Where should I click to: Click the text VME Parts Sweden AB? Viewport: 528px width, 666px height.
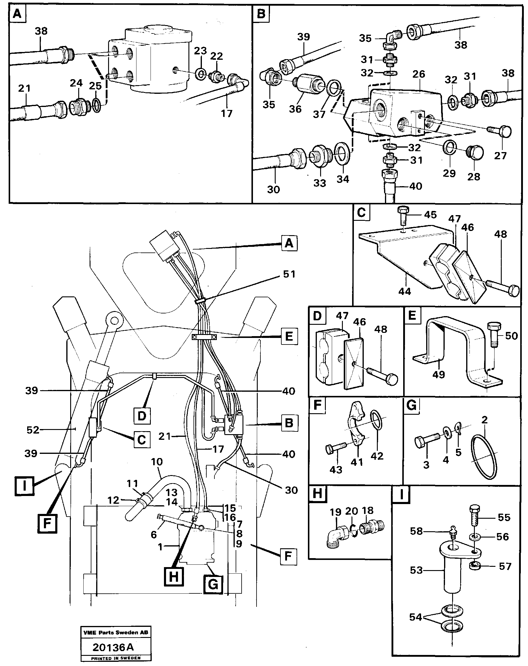coord(116,632)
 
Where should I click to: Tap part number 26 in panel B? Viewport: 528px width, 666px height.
coord(418,74)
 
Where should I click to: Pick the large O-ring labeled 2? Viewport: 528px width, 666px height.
coord(484,457)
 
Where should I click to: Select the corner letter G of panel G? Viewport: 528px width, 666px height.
coord(412,405)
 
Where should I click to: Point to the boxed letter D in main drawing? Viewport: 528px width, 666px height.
coord(142,416)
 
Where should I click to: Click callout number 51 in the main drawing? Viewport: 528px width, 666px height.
coord(289,274)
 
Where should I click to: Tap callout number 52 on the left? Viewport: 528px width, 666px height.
coord(33,430)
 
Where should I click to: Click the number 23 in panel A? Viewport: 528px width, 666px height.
coord(200,51)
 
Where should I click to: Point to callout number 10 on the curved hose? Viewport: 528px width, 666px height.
coord(156,462)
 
